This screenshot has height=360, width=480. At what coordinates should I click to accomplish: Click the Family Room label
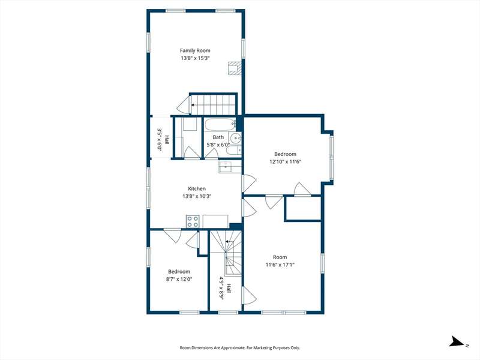(195, 50)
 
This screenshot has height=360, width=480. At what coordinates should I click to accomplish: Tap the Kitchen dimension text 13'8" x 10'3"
(197, 196)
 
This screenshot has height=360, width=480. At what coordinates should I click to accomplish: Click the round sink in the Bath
(236, 139)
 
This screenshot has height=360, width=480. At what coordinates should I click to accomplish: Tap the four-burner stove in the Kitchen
(193, 221)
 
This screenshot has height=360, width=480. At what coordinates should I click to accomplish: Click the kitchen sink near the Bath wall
(227, 167)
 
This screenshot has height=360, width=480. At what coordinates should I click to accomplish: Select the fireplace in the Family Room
(235, 68)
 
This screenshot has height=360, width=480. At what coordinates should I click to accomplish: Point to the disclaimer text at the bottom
(239, 348)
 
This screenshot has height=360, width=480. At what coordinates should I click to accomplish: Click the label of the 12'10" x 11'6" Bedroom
(286, 154)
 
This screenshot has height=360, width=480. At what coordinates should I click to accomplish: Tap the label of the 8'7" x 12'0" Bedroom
(179, 272)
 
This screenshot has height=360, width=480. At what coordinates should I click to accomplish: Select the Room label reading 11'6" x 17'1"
(280, 257)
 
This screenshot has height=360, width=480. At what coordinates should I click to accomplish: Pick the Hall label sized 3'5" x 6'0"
(167, 140)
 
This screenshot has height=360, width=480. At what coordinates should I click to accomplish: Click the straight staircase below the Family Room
(214, 104)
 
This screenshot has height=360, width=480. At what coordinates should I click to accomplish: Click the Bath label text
(218, 137)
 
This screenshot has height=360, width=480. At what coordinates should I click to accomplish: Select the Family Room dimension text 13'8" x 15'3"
(195, 58)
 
